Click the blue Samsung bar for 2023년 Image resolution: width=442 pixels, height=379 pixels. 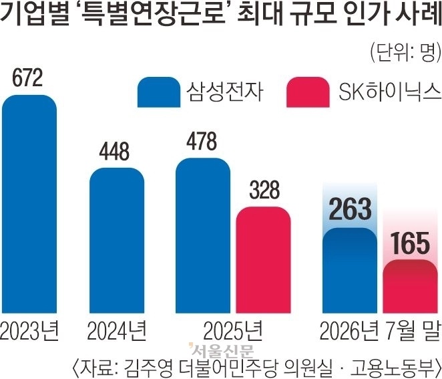29,204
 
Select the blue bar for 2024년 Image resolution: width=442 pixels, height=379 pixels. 117,241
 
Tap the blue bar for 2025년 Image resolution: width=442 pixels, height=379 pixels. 203,236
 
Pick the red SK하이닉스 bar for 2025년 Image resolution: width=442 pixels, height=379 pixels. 263,260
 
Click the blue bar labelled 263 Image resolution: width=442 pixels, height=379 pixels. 350,270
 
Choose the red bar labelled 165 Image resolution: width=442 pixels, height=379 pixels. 410,286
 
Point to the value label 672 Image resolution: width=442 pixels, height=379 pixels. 27,78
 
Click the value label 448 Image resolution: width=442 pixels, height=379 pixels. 114,151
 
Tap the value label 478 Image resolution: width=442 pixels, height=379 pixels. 202,141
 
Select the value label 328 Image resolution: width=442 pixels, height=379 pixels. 264,190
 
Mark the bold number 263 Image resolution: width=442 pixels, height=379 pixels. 350,209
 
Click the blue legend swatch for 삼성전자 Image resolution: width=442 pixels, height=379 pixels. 159,92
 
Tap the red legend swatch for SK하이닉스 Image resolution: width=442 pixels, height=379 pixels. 308,92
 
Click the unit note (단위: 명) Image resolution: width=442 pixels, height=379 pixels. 406,53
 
